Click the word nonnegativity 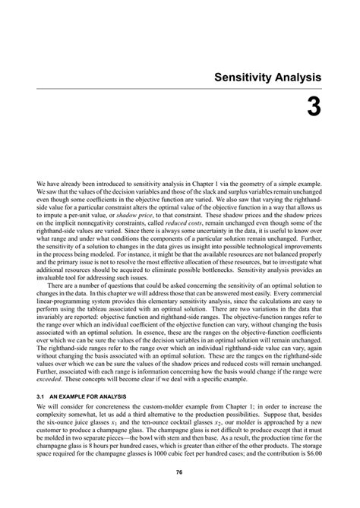point(90,224)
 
